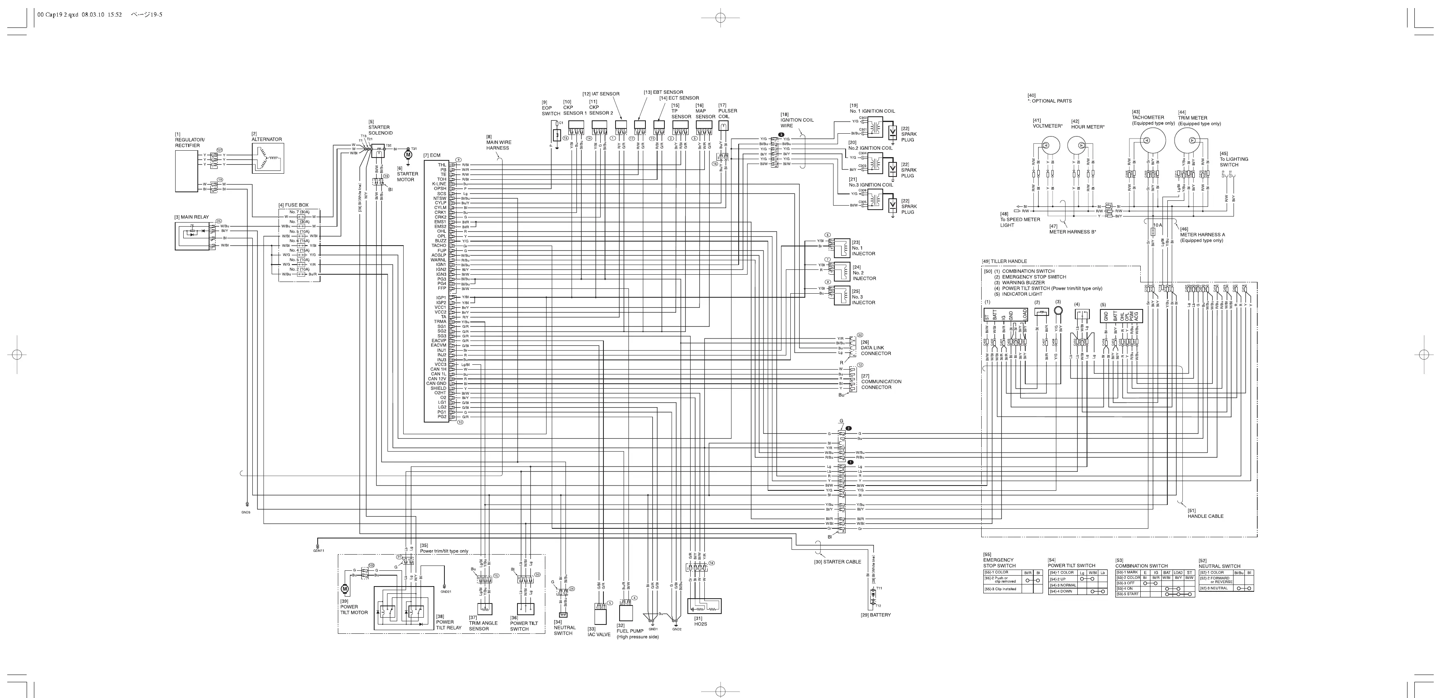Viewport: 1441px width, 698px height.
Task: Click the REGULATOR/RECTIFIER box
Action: coord(186,171)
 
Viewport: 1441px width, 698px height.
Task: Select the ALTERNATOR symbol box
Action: coord(267,159)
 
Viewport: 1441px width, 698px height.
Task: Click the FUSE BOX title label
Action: coord(293,205)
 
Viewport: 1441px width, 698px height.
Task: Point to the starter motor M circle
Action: coord(408,154)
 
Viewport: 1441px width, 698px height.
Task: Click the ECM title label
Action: coord(432,155)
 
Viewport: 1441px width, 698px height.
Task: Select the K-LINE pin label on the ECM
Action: coord(439,184)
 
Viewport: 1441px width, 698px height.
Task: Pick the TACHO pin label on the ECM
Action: coord(439,245)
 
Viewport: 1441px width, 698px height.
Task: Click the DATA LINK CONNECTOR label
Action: coord(875,350)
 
